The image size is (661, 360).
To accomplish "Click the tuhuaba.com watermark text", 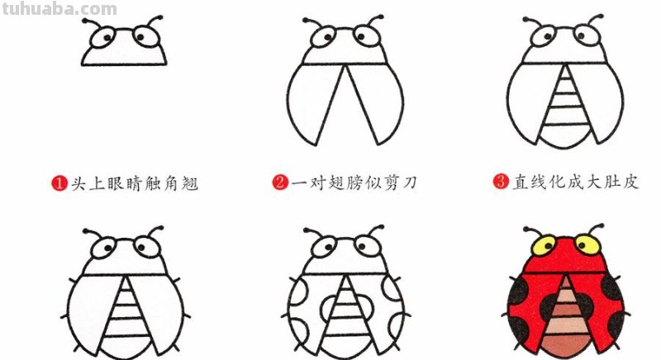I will [x=59, y=9].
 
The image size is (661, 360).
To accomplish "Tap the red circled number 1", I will [x=58, y=183].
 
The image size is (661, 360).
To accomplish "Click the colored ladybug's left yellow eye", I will [x=544, y=245].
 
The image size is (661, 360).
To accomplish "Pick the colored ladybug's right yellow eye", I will [x=587, y=244].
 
